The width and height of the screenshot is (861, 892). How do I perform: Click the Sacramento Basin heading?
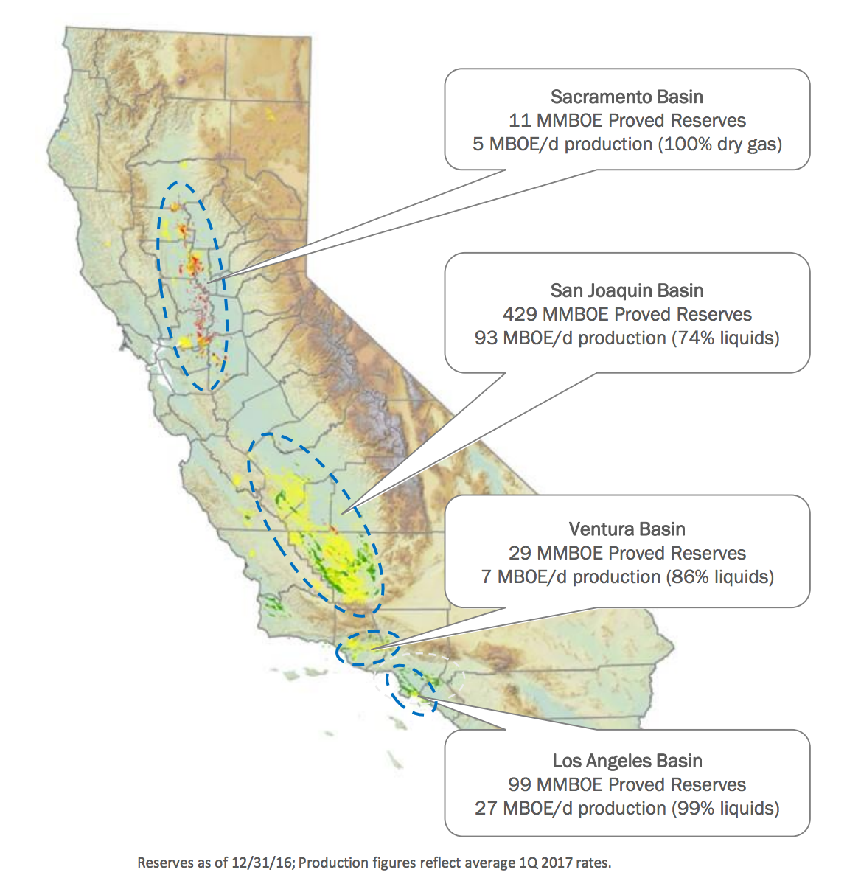coord(627,97)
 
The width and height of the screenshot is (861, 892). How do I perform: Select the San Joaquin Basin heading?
coord(627,290)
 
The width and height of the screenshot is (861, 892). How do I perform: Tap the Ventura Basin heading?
coord(627,529)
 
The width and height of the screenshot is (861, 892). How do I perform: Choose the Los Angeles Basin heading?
coord(627,761)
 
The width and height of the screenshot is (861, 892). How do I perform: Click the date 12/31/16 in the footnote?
coord(265,863)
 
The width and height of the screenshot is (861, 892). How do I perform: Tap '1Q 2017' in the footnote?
coord(540,863)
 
